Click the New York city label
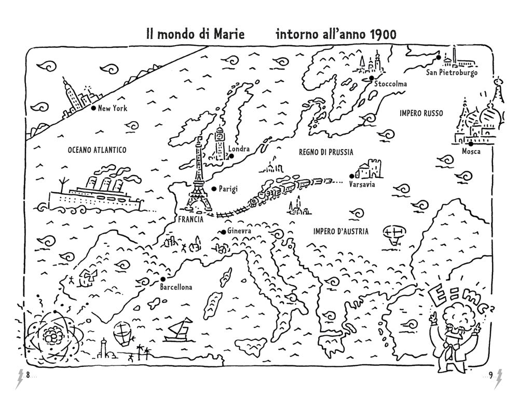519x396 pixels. (113, 109)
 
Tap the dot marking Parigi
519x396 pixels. (213, 188)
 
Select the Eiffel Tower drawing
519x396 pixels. (198, 177)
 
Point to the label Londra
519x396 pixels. (239, 149)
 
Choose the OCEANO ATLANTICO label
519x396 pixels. (97, 150)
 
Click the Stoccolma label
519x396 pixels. (388, 84)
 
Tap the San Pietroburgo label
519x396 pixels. (452, 72)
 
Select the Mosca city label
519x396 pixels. (471, 152)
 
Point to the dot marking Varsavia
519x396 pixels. (352, 176)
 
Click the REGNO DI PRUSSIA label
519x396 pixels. (326, 152)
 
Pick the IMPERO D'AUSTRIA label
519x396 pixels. (340, 231)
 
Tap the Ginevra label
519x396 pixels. (239, 231)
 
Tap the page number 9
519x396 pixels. (489, 375)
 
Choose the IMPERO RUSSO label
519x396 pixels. (421, 113)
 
